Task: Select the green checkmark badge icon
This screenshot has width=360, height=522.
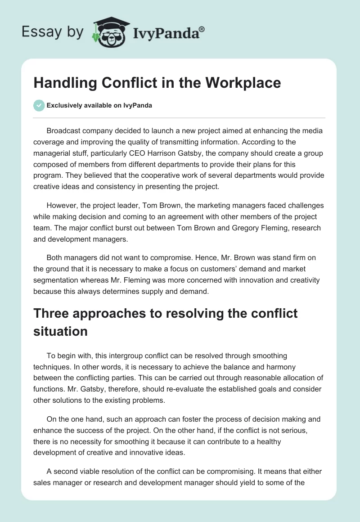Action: click(x=39, y=105)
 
